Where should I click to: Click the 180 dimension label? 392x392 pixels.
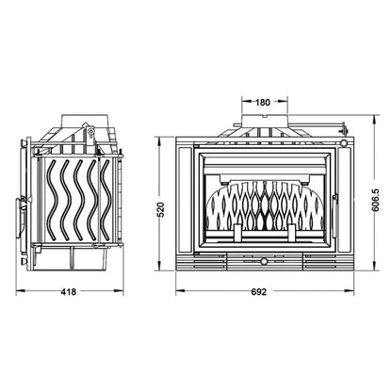click(263, 102)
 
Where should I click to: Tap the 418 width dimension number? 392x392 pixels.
click(69, 292)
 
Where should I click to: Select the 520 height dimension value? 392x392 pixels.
click(160, 209)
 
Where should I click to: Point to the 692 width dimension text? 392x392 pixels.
click(259, 292)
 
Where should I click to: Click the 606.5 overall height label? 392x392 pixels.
click(377, 200)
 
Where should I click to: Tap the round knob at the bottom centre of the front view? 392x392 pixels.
click(265, 261)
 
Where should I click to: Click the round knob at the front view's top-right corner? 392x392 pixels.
click(344, 143)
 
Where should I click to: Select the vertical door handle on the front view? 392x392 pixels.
click(335, 217)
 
